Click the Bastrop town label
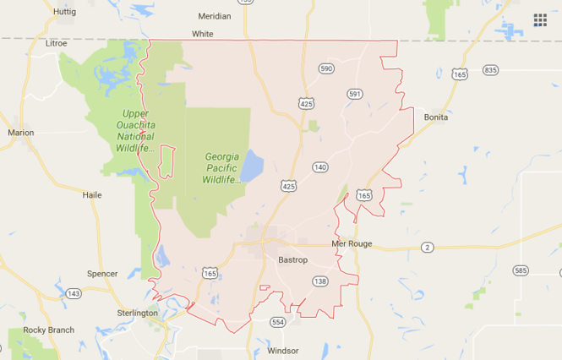pyautogui.click(x=293, y=259)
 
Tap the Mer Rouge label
pyautogui.click(x=352, y=244)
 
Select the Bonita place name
pyautogui.click(x=436, y=117)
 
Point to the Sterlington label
pyautogui.click(x=136, y=313)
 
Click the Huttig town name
pyautogui.click(x=64, y=12)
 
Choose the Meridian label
pyautogui.click(x=214, y=15)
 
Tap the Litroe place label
pyautogui.click(x=56, y=42)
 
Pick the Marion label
pyautogui.click(x=21, y=132)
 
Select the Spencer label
pyautogui.click(x=102, y=273)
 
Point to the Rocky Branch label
pyautogui.click(x=49, y=330)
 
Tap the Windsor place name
pyautogui.click(x=282, y=350)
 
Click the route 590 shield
pyautogui.click(x=326, y=68)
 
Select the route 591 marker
pyautogui.click(x=354, y=94)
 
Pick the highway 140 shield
pyautogui.click(x=320, y=167)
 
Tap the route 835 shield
pyautogui.click(x=491, y=69)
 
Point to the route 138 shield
pyautogui.click(x=319, y=281)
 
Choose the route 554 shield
pyautogui.click(x=277, y=322)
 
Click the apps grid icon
pyautogui.click(x=540, y=20)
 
